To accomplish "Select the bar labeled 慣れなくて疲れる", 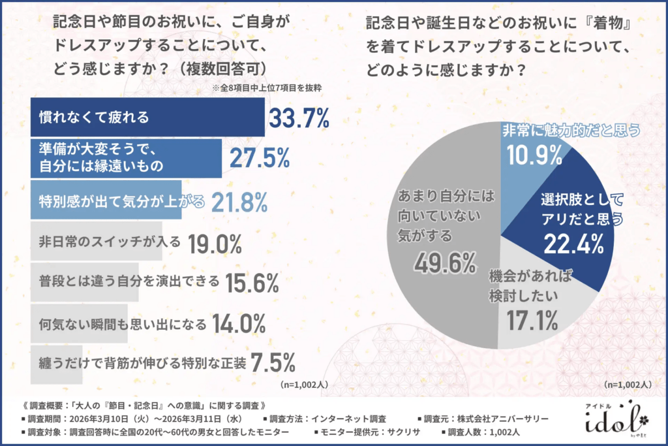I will (147, 118).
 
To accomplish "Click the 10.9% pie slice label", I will (534, 156).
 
